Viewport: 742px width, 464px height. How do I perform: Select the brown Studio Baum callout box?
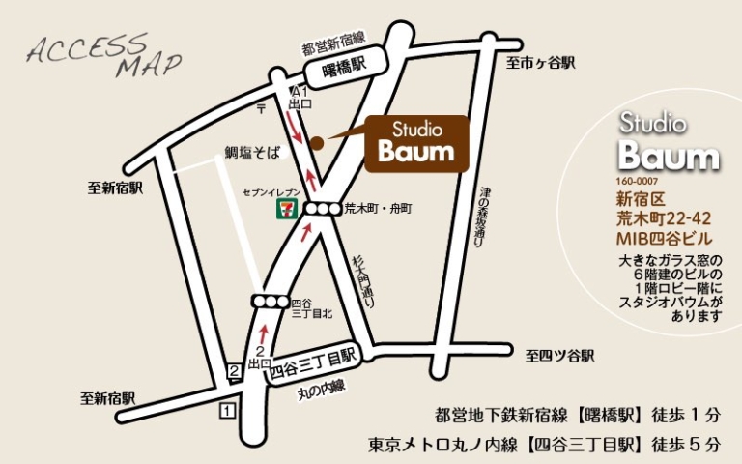click(x=415, y=143)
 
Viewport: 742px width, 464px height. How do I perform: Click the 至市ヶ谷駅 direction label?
click(x=541, y=62)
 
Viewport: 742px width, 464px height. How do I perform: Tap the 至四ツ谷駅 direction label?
click(x=559, y=356)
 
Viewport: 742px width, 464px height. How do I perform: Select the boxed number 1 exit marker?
click(x=228, y=412)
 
